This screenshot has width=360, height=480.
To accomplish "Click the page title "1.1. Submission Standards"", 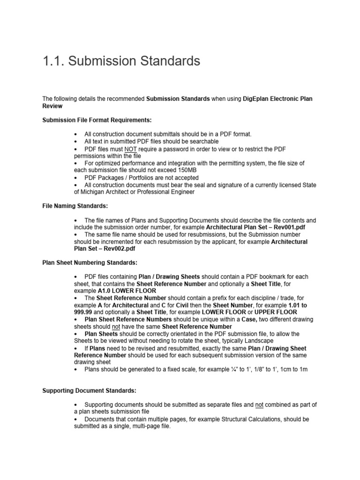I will (x=121, y=61).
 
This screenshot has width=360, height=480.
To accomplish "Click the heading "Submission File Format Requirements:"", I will (x=97, y=120).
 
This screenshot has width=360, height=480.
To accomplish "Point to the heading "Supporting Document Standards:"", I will (x=90, y=390).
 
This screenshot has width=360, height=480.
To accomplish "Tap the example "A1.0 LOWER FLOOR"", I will (x=127, y=291).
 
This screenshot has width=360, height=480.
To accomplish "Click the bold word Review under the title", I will (x=52, y=106).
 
